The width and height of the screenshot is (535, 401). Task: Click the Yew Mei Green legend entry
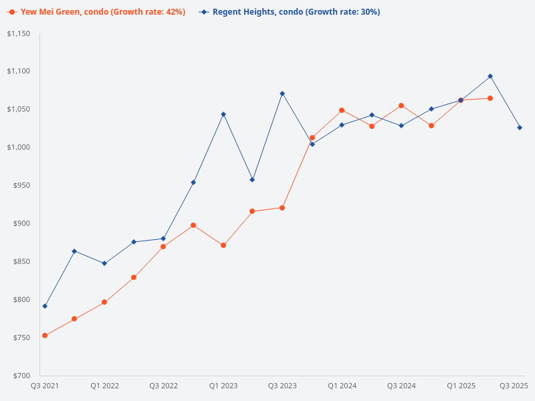click(96, 12)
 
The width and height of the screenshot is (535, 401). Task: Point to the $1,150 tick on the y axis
click(19, 33)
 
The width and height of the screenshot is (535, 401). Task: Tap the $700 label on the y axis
click(22, 376)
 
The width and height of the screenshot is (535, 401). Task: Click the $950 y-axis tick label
click(22, 185)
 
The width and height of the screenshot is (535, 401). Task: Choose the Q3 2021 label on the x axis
click(45, 386)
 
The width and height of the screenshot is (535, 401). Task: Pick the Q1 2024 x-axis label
click(342, 386)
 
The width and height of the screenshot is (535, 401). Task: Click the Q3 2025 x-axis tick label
click(514, 386)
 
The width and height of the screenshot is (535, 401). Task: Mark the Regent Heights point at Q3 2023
click(282, 94)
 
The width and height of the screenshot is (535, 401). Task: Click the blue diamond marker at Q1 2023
click(223, 114)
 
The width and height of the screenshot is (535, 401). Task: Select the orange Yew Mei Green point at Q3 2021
click(45, 336)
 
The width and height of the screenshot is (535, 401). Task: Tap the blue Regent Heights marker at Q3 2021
click(45, 306)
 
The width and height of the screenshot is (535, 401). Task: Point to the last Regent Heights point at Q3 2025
click(520, 128)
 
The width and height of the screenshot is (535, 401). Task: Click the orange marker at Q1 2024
click(342, 110)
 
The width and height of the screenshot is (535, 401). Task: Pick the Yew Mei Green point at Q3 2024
click(401, 106)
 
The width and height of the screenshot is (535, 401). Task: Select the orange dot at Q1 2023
click(223, 245)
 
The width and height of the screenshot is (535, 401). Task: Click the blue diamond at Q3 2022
click(163, 239)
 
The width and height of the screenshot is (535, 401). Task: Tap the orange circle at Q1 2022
click(104, 302)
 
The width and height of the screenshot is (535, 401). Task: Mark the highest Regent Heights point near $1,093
click(490, 76)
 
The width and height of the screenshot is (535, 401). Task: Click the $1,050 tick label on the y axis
click(19, 109)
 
